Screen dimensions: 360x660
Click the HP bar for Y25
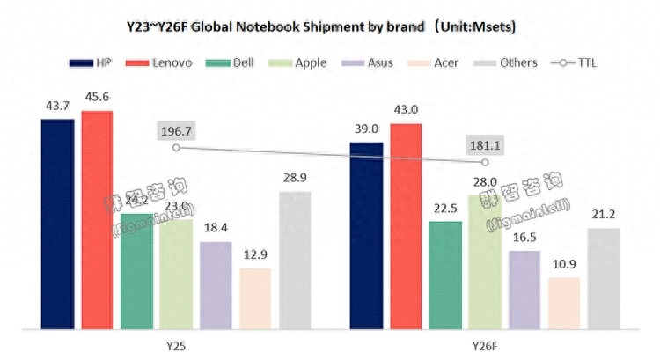coord(57,224)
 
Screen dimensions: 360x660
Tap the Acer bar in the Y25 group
coord(255,299)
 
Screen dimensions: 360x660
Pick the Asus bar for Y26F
coord(524,290)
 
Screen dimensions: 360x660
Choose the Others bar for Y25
coord(295,261)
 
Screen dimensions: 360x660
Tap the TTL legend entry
coord(573,63)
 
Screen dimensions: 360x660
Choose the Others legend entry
coord(505,63)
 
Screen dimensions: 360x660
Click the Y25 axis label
coord(175,346)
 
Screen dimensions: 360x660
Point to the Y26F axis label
coord(485,346)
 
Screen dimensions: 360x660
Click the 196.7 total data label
coord(176,131)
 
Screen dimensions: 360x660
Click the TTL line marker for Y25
coord(176,148)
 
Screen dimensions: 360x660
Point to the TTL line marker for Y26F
coord(485,162)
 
